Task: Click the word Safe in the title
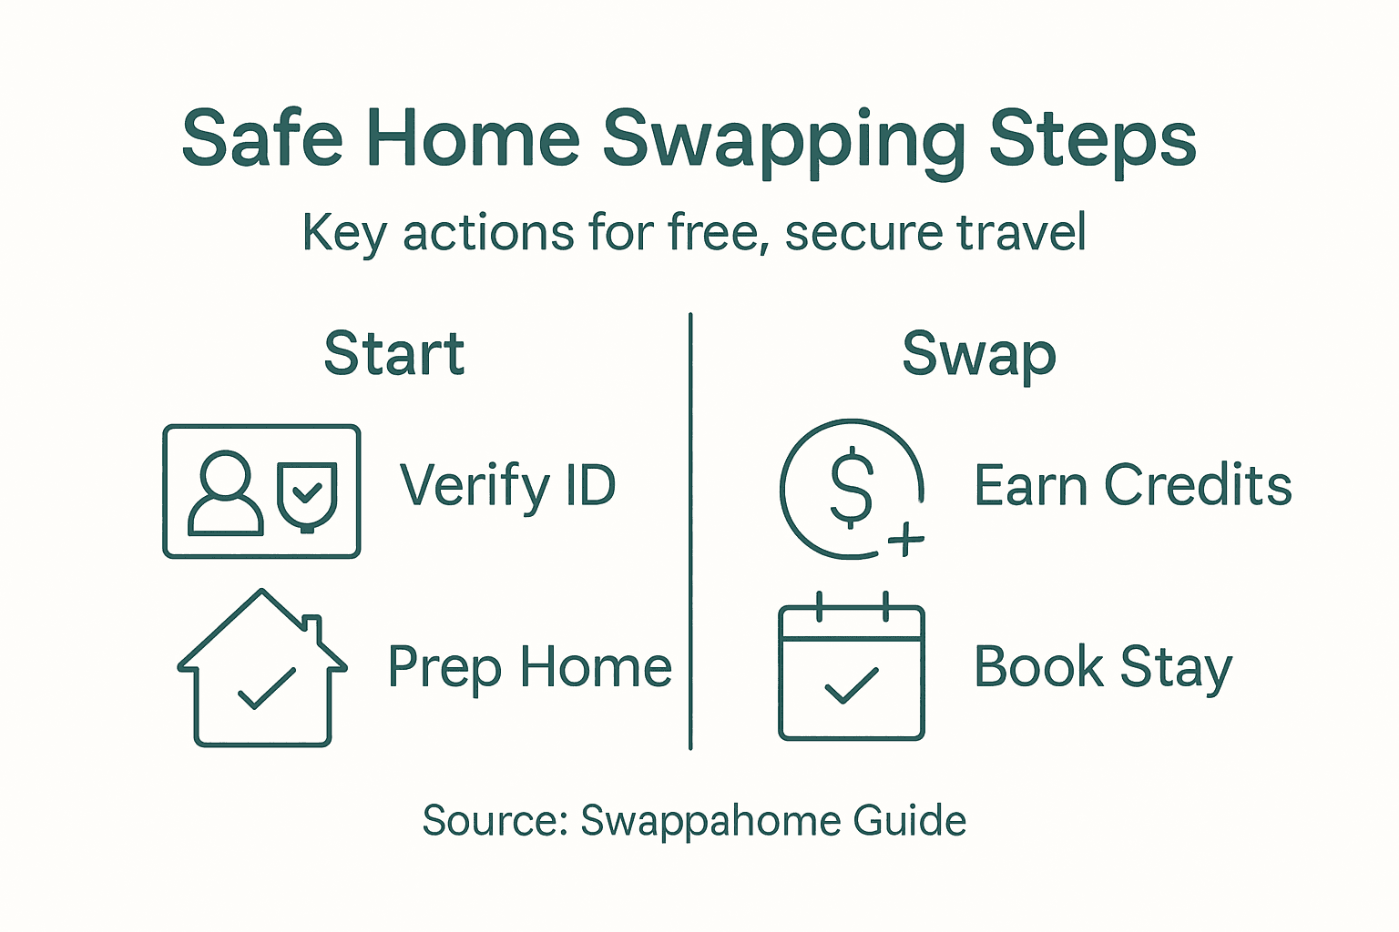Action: click(262, 138)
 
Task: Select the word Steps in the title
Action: click(1092, 141)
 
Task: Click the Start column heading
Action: click(394, 353)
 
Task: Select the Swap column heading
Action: click(979, 355)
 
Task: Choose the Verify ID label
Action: click(508, 486)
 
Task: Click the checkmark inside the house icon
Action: click(266, 688)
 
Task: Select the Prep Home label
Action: click(529, 668)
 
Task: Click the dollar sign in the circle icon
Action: click(852, 487)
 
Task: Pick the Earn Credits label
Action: click(1132, 485)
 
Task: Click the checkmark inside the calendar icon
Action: click(851, 686)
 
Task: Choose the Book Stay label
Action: click(1102, 667)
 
